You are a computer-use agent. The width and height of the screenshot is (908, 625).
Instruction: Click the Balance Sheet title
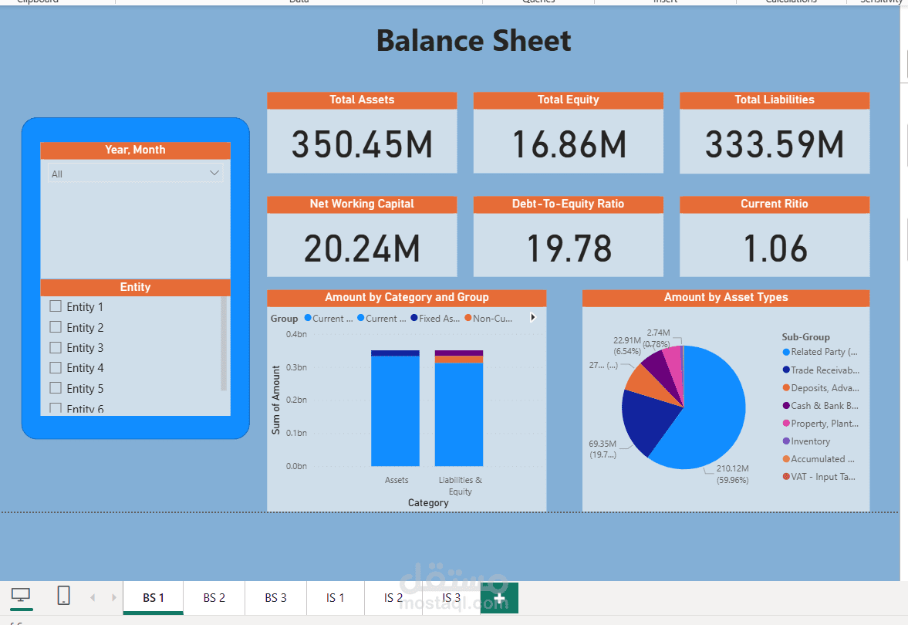[x=474, y=41]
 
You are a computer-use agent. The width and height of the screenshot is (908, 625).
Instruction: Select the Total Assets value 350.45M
[x=362, y=144]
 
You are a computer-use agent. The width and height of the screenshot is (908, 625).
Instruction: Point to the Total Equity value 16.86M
[x=569, y=144]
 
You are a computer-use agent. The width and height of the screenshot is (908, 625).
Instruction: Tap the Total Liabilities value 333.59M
[x=775, y=144]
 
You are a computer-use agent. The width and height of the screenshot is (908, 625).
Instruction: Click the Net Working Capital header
[x=362, y=204]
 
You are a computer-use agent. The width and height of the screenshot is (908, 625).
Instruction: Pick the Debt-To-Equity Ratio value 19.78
[x=569, y=248]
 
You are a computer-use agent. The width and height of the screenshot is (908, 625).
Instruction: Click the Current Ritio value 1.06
[x=775, y=248]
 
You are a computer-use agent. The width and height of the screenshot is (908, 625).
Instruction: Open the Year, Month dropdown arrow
[x=214, y=174]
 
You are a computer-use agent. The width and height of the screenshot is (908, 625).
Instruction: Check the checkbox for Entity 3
[x=56, y=347]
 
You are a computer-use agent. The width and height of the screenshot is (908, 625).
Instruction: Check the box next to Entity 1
[x=56, y=306]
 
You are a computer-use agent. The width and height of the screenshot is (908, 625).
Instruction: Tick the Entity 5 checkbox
[x=56, y=388]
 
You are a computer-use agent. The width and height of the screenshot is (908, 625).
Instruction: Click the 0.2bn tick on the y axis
[x=296, y=400]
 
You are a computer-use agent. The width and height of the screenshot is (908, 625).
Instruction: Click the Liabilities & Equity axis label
[x=460, y=485]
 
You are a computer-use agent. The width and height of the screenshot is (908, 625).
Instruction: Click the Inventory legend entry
[x=810, y=441]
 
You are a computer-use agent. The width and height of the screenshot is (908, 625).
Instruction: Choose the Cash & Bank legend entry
[x=824, y=406]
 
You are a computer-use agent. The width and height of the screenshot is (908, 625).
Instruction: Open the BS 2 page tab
[x=214, y=598]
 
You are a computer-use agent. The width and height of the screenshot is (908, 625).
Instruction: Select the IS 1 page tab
[x=336, y=598]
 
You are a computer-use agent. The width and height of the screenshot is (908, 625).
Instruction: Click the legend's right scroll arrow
[x=532, y=317]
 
